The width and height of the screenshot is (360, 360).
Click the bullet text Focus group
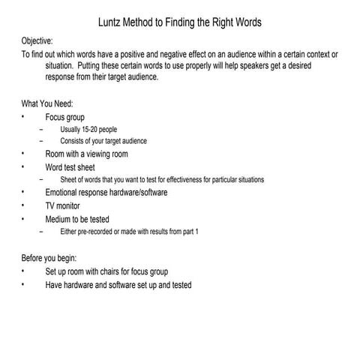(65, 117)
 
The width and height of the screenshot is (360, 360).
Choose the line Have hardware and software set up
(118, 285)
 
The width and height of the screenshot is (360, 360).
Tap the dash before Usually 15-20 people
(49, 129)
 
